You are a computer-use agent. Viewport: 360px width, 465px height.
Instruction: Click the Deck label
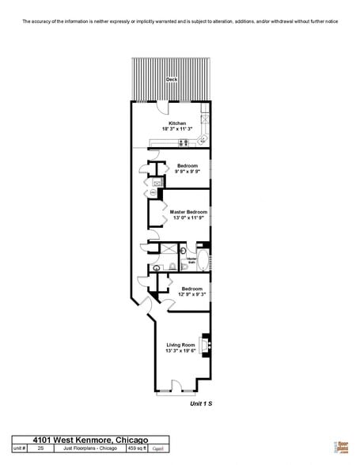(172, 80)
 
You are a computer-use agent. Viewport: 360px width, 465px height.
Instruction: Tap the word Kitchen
(177, 123)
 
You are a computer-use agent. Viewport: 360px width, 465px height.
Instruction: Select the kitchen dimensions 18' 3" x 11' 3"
(177, 129)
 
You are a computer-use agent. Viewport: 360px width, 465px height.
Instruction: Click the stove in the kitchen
(184, 142)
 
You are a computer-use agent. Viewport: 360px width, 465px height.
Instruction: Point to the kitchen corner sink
(203, 140)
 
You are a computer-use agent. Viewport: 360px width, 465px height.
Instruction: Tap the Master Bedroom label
(188, 212)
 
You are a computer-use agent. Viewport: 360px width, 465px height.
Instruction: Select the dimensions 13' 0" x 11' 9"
(188, 217)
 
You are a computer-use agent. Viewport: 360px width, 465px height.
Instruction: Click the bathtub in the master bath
(203, 259)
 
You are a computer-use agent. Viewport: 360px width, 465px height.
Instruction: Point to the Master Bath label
(191, 259)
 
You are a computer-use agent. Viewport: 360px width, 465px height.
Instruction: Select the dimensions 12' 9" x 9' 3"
(192, 295)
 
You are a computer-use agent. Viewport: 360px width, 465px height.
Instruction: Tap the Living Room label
(180, 345)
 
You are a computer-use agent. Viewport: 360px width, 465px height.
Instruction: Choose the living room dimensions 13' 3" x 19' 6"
(180, 350)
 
